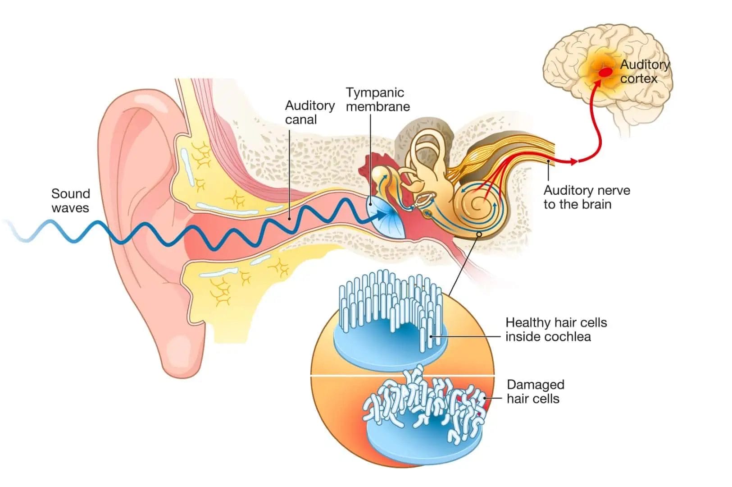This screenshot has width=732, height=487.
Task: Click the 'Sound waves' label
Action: (x=70, y=201)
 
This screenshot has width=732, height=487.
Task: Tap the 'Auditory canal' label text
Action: (x=309, y=112)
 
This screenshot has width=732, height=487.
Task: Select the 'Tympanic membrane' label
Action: (x=377, y=100)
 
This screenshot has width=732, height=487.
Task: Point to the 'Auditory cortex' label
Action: (x=644, y=71)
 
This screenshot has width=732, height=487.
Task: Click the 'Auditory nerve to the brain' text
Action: (x=586, y=197)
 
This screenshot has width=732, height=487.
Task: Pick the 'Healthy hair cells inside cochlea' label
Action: (x=556, y=330)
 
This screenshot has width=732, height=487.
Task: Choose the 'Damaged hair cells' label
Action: (x=535, y=391)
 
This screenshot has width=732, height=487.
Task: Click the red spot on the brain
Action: (x=605, y=72)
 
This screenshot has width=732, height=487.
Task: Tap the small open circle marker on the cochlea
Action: (x=479, y=234)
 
